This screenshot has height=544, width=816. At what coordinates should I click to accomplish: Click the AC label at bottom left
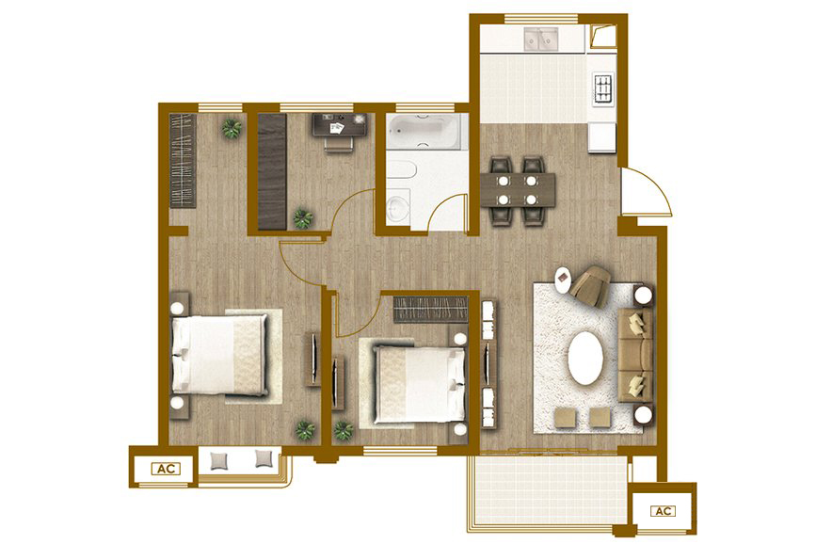click(166, 469)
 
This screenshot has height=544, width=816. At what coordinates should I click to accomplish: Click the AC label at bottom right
click(663, 511)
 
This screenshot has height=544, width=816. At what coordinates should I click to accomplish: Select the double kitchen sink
click(541, 38)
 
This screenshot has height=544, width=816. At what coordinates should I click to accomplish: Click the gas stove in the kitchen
click(603, 88)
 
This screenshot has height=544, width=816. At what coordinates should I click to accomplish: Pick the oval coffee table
click(585, 358)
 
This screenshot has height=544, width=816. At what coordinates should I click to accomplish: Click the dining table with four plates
click(518, 190)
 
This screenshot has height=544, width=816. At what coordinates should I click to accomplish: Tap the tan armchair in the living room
click(591, 286)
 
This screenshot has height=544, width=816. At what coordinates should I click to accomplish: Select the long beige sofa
click(635, 355)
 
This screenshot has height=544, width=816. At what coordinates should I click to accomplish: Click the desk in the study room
click(340, 125)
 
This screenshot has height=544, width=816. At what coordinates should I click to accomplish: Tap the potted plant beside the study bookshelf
click(302, 218)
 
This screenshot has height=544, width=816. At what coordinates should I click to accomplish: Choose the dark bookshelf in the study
click(272, 172)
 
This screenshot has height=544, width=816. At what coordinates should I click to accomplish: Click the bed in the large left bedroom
click(219, 355)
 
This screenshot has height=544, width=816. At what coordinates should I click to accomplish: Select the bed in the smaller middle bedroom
click(419, 384)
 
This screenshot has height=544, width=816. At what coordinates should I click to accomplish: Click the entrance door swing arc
click(658, 185)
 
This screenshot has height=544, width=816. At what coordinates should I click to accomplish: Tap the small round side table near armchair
click(563, 280)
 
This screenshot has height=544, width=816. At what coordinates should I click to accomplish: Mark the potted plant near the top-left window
click(232, 128)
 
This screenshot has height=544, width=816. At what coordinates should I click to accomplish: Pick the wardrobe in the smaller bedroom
click(430, 310)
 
